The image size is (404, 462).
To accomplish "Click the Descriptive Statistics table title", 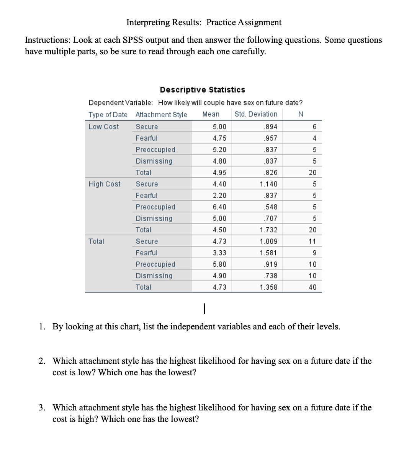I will (x=202, y=90).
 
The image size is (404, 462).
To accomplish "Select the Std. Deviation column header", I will (x=256, y=114).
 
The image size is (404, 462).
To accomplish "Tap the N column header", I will (x=300, y=114).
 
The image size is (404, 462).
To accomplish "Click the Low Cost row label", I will (x=103, y=126).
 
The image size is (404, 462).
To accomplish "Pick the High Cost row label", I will (x=104, y=184).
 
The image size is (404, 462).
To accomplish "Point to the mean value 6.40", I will (x=219, y=207).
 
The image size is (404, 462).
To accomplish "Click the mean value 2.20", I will (x=219, y=195).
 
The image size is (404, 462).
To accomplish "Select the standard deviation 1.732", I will (x=268, y=230).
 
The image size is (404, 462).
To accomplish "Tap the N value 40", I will (x=312, y=287).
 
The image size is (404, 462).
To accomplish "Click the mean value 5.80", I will (x=219, y=264).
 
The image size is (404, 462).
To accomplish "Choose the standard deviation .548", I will (x=271, y=207).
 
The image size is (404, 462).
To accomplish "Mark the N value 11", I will (x=312, y=241).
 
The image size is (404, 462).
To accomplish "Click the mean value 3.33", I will (x=219, y=253).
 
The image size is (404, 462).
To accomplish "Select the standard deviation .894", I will (x=271, y=126).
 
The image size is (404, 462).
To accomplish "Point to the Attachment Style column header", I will (x=161, y=114).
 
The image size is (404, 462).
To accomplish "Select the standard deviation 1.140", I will (x=268, y=184).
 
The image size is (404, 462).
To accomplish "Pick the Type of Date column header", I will (x=108, y=114).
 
